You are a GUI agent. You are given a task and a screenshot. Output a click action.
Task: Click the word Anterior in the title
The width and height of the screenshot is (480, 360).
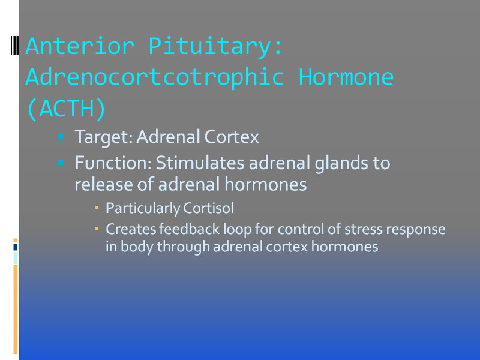point(80,46)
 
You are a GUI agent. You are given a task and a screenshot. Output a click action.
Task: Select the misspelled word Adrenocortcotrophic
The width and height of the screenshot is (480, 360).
point(155,77)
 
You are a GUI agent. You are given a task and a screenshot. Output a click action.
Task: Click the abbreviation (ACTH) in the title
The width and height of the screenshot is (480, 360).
point(66,109)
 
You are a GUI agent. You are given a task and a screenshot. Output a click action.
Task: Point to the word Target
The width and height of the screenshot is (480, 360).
point(104,137)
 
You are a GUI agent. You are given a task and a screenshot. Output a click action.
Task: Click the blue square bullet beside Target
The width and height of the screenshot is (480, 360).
point(61,136)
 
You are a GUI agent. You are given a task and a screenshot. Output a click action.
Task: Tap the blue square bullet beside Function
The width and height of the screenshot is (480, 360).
point(61,162)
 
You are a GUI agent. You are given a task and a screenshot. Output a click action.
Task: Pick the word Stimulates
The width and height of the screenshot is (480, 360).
point(200,163)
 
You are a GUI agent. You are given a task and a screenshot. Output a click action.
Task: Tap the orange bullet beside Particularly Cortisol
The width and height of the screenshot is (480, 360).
point(97,208)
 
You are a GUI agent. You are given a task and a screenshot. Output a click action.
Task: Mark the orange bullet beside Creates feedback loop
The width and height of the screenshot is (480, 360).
point(97,229)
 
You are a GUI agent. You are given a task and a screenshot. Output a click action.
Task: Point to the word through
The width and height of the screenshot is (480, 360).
point(184,247)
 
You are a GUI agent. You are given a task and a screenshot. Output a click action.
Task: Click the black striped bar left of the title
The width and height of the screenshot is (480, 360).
point(15,46)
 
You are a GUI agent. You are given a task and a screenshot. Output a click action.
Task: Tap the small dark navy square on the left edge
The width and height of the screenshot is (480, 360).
point(16,247)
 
